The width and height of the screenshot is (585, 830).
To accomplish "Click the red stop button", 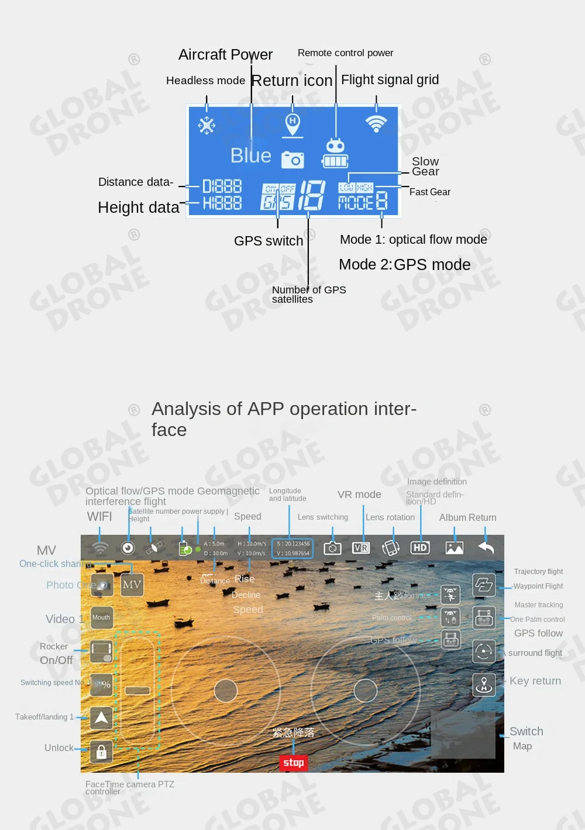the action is pos(294,762).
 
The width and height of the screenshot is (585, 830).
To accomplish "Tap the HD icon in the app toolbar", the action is pos(420,548).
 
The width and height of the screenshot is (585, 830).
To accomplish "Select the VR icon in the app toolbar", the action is pos(361,548).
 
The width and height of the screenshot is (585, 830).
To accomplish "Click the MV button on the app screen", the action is pos(132,585).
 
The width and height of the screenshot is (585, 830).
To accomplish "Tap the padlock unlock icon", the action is pos(101,752).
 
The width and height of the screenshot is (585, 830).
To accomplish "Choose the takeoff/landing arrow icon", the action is pos(101,717).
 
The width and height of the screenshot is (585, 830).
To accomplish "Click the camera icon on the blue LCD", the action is pos(292,159).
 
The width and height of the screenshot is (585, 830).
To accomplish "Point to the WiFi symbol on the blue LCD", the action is pos(376,123).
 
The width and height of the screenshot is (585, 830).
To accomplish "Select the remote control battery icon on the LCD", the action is pos(335,154).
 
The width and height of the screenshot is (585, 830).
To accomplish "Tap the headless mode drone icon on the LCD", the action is pos(207,125).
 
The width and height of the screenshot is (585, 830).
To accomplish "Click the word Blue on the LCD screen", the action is pos(250,155).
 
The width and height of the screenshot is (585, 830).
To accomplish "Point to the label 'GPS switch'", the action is pos(269,241).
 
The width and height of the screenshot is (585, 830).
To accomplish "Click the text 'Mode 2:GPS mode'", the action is pos(404,265).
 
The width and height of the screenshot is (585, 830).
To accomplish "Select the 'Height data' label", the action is pos(139,207).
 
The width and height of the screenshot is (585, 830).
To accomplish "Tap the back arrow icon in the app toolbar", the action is pos(486,548).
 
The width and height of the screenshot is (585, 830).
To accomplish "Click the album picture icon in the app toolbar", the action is pos(455,548).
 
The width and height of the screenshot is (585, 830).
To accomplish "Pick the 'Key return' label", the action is pos(535,681).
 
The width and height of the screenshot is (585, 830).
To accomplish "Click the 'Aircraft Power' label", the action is pos(225,54).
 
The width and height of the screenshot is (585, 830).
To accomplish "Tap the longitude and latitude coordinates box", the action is pos(292,548).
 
